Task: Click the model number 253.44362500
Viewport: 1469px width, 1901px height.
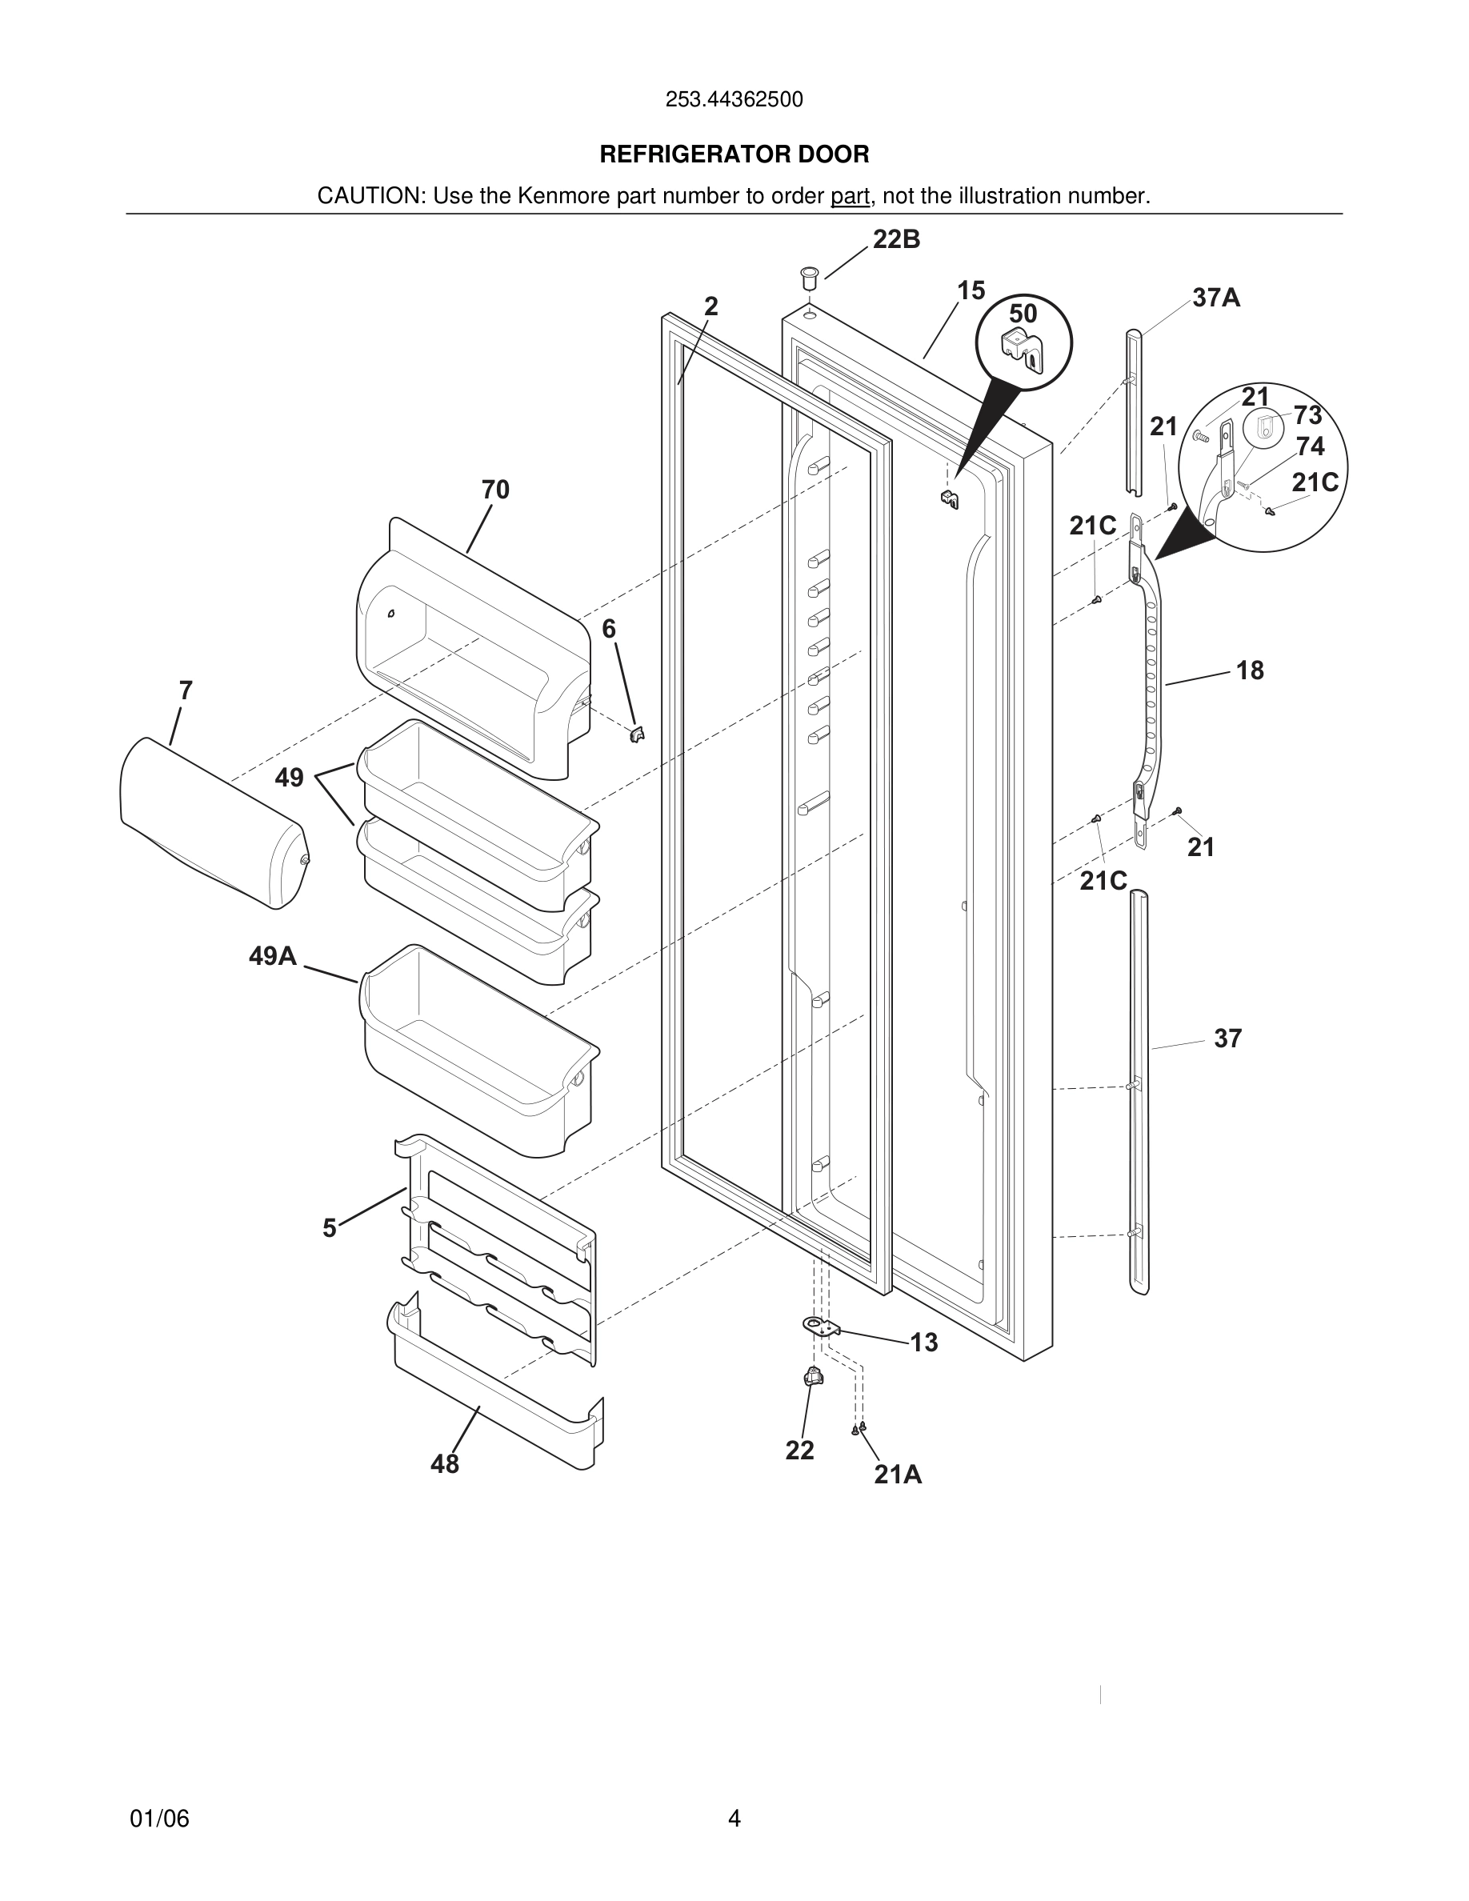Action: (734, 100)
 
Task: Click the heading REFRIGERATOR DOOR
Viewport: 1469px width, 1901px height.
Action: (734, 155)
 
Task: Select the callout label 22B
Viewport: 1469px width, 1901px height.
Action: (896, 240)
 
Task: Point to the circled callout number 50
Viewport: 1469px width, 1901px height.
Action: (1023, 314)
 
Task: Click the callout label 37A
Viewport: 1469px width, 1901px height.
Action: (1215, 298)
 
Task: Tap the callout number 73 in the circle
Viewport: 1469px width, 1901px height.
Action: (1307, 415)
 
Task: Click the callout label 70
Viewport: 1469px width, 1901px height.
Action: (495, 490)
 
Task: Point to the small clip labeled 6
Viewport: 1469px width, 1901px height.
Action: (637, 734)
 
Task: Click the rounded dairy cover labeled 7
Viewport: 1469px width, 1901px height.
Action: (213, 822)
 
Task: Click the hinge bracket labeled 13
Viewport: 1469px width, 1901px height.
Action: (822, 1327)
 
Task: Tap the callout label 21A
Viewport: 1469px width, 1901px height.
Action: (897, 1475)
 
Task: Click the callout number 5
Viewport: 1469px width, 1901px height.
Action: (329, 1228)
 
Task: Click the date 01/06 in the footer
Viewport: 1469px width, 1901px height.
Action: (159, 1819)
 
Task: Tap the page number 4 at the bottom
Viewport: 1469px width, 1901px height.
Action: (734, 1819)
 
